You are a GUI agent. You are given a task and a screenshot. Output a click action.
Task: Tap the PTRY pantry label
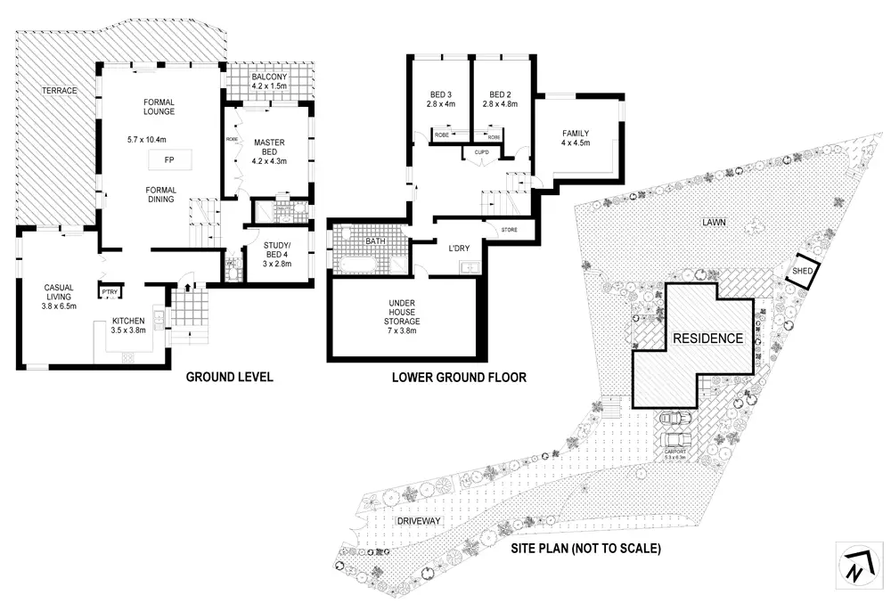[110, 291]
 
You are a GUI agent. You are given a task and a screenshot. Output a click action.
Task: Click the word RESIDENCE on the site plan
[707, 338]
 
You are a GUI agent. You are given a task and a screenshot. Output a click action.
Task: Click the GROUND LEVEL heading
[229, 377]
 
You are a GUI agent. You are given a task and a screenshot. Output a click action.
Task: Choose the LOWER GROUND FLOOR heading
[459, 377]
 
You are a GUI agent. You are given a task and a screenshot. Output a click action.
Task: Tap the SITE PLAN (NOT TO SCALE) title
[584, 549]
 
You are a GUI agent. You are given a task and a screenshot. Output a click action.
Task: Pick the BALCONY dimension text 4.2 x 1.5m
[269, 86]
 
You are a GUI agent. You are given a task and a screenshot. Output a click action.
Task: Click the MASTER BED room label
[268, 147]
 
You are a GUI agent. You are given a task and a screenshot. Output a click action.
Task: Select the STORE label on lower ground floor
[510, 231]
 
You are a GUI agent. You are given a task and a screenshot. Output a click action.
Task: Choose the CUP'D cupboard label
[482, 152]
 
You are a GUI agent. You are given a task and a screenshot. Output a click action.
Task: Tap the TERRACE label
[60, 91]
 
